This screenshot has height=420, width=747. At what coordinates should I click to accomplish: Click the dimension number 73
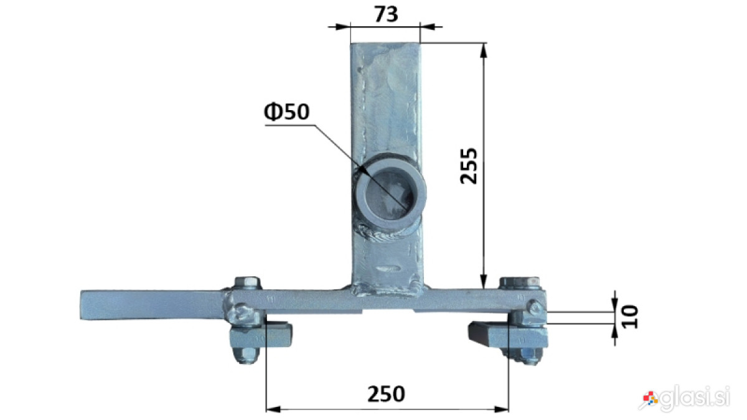[386, 14]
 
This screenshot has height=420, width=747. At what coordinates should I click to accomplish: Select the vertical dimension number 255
[469, 166]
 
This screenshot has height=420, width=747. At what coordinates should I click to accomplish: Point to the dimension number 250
[386, 394]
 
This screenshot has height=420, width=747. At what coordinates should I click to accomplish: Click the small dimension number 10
[630, 317]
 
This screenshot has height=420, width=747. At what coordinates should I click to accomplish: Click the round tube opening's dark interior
[389, 195]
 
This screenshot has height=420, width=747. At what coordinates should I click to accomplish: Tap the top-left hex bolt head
[247, 283]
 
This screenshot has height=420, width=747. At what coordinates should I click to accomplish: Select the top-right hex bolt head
[520, 282]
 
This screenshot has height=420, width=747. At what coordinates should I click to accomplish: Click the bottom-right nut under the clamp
[526, 356]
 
